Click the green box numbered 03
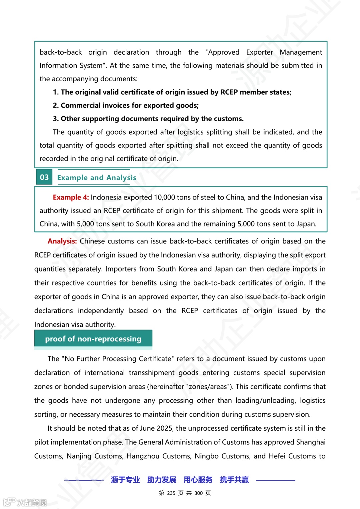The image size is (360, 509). click(44, 177)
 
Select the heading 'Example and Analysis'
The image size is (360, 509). click(97, 178)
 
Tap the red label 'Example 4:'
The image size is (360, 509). click(71, 197)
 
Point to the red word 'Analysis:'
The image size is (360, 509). click(62, 241)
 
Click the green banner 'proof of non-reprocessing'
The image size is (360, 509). click(93, 339)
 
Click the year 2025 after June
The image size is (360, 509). click(164, 428)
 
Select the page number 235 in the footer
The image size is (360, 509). click(171, 493)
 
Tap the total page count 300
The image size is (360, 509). click(198, 493)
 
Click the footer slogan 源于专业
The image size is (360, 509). click(125, 480)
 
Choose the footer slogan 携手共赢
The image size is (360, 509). click(234, 480)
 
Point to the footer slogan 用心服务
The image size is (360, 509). click(198, 480)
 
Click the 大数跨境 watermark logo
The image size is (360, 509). click(25, 502)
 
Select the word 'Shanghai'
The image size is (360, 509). click(311, 442)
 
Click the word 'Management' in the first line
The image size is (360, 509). click(301, 52)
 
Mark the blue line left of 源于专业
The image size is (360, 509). click(84, 480)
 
